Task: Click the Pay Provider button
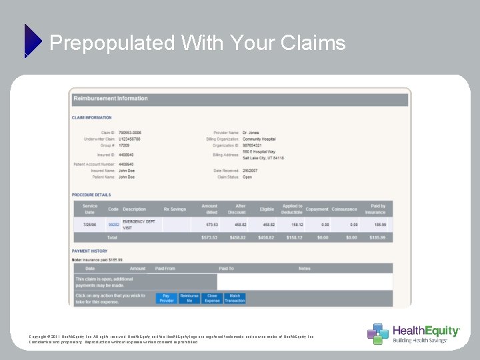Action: (167, 298)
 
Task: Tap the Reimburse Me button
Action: (189, 298)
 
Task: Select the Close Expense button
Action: (212, 298)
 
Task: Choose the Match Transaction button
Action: (235, 298)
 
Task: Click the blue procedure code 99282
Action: (113, 225)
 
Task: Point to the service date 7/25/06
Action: (90, 225)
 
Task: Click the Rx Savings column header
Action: (175, 209)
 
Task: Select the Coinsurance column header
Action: (345, 209)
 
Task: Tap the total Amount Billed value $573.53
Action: (209, 237)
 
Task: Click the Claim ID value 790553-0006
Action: (130, 133)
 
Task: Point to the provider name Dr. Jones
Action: (250, 133)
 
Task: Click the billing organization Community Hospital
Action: (259, 139)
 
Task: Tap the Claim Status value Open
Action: (247, 177)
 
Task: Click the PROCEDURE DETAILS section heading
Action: (92, 195)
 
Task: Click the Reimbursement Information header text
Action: (111, 99)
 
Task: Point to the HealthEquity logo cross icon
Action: (377, 333)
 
